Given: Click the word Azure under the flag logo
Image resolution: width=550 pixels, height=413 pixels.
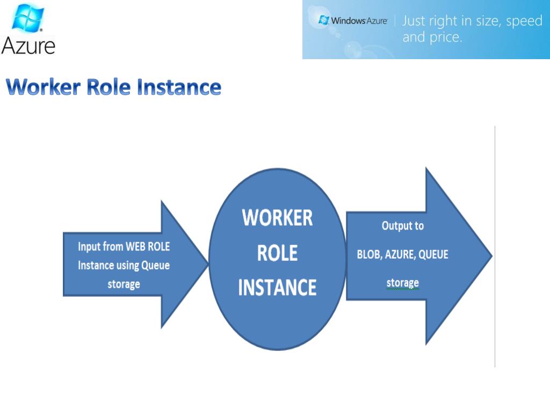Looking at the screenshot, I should (28, 45).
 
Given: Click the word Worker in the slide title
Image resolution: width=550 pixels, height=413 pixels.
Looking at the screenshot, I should (42, 87).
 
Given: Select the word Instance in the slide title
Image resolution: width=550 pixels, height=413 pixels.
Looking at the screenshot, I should (179, 87).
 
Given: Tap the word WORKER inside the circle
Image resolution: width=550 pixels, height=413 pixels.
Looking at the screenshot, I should (277, 218).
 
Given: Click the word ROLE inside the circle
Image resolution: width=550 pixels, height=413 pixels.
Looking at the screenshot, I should (277, 253).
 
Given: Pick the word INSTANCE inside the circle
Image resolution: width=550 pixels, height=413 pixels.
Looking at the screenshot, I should (277, 287).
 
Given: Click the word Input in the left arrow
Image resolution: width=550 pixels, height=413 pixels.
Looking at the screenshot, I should (89, 247).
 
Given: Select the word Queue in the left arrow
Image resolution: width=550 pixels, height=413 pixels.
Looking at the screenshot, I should (155, 266).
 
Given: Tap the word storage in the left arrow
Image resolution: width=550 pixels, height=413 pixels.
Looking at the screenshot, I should (124, 284).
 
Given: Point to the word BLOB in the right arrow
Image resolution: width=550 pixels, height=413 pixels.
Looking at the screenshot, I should (369, 254).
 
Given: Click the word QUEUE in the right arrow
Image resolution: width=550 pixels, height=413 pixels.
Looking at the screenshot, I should (433, 254).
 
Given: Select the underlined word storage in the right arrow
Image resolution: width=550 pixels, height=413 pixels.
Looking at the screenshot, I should (402, 283).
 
